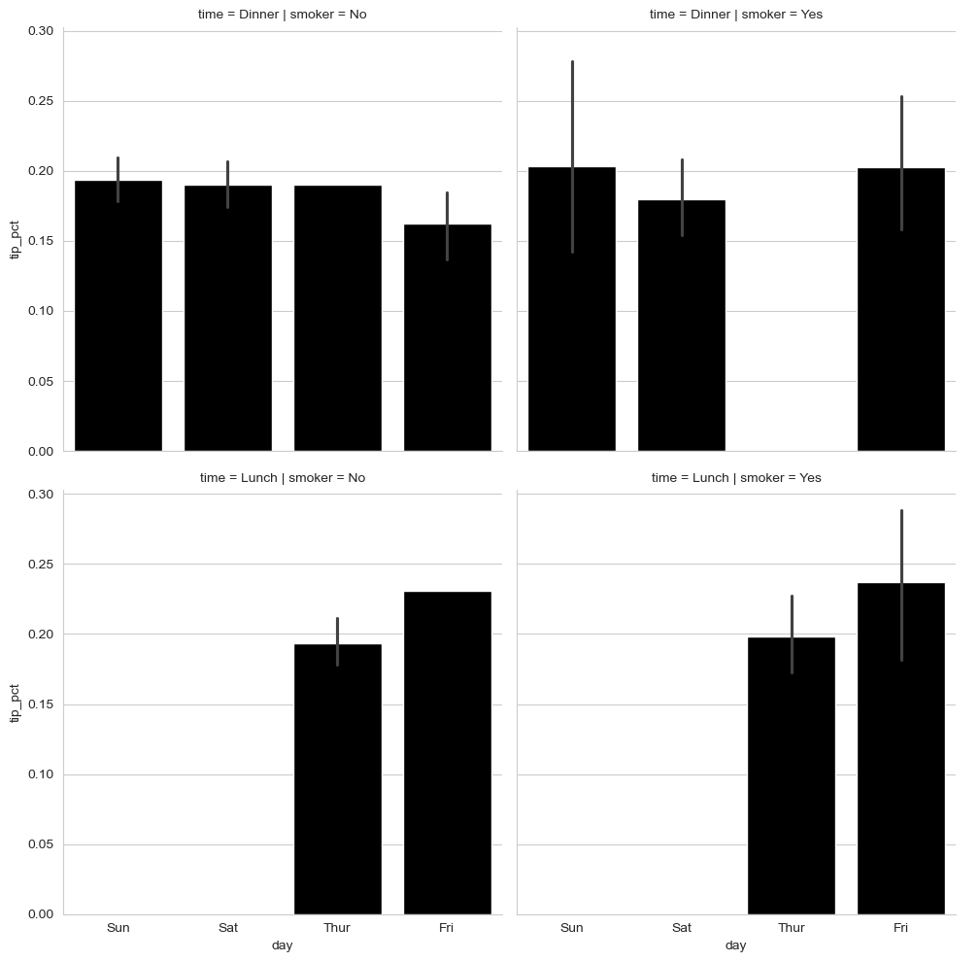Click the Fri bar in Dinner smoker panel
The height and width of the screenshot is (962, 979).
901,321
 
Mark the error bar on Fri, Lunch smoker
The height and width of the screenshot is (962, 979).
901,544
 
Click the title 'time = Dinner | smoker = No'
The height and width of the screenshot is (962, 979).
283,15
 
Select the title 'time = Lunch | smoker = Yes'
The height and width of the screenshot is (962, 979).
736,478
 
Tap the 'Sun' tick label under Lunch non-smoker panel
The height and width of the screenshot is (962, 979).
118,928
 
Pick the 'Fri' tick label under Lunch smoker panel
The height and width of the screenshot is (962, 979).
901,928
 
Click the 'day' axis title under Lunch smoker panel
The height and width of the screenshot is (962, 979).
736,945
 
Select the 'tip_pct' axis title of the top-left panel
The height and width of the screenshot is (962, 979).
15,241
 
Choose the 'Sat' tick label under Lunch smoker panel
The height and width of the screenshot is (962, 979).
682,928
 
